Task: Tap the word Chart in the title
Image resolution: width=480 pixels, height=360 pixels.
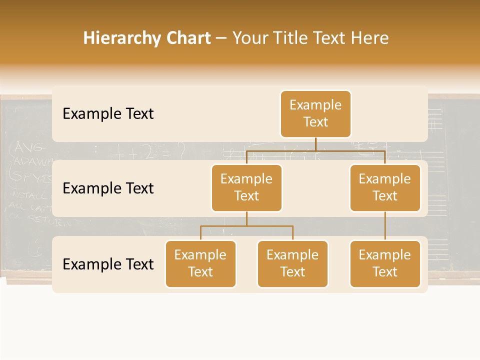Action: click(186, 38)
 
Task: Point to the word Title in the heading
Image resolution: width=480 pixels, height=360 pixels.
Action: click(291, 38)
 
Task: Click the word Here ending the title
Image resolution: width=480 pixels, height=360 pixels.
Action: click(369, 38)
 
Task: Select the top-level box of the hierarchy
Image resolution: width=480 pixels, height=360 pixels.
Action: click(315, 113)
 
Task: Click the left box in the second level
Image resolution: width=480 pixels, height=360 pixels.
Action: click(246, 187)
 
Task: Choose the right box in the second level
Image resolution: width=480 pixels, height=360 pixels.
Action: click(385, 187)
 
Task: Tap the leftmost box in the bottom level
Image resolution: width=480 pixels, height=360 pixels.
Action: click(200, 263)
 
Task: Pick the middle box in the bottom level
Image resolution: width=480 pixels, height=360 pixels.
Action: click(292, 263)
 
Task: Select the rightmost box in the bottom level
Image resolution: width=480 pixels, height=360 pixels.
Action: click(385, 263)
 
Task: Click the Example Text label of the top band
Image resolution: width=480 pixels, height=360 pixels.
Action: click(108, 114)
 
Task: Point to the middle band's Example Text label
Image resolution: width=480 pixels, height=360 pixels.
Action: click(108, 188)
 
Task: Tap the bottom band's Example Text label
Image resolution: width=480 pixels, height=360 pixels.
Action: click(108, 264)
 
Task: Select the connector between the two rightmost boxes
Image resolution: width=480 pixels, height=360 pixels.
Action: click(385, 226)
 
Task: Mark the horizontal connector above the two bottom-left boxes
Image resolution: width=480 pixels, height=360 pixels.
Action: click(246, 226)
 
